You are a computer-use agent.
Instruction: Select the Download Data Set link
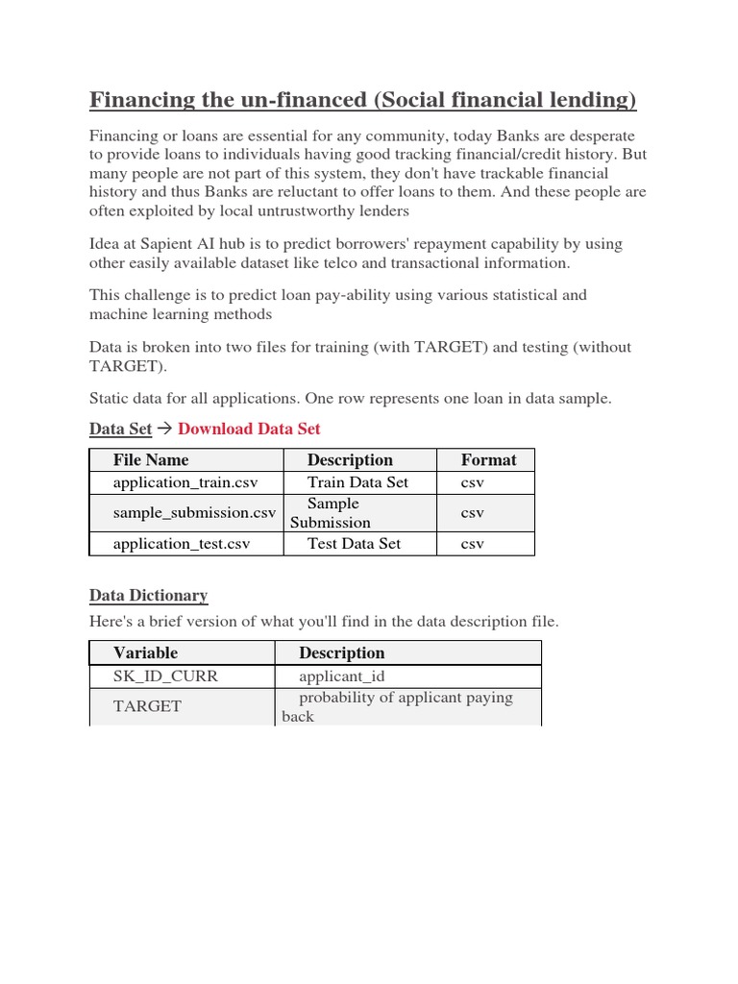point(249,429)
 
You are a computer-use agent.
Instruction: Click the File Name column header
point(151,460)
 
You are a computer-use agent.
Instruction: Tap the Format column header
point(488,460)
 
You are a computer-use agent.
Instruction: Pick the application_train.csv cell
point(185,482)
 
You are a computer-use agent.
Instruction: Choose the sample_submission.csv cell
point(194,513)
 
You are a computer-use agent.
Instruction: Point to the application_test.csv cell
point(182,544)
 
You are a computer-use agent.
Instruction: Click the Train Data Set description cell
point(357,482)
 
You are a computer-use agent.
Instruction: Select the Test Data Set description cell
point(354,544)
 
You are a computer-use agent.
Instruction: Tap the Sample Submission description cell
point(332,513)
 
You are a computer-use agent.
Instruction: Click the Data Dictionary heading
point(148,596)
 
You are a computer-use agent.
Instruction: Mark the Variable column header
point(145,653)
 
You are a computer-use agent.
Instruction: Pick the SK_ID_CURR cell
point(165,676)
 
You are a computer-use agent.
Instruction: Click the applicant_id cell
point(341,676)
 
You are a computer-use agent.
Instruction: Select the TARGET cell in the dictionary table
point(147,706)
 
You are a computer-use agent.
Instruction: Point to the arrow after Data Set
point(163,429)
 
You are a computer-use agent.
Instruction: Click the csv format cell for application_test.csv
point(472,544)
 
